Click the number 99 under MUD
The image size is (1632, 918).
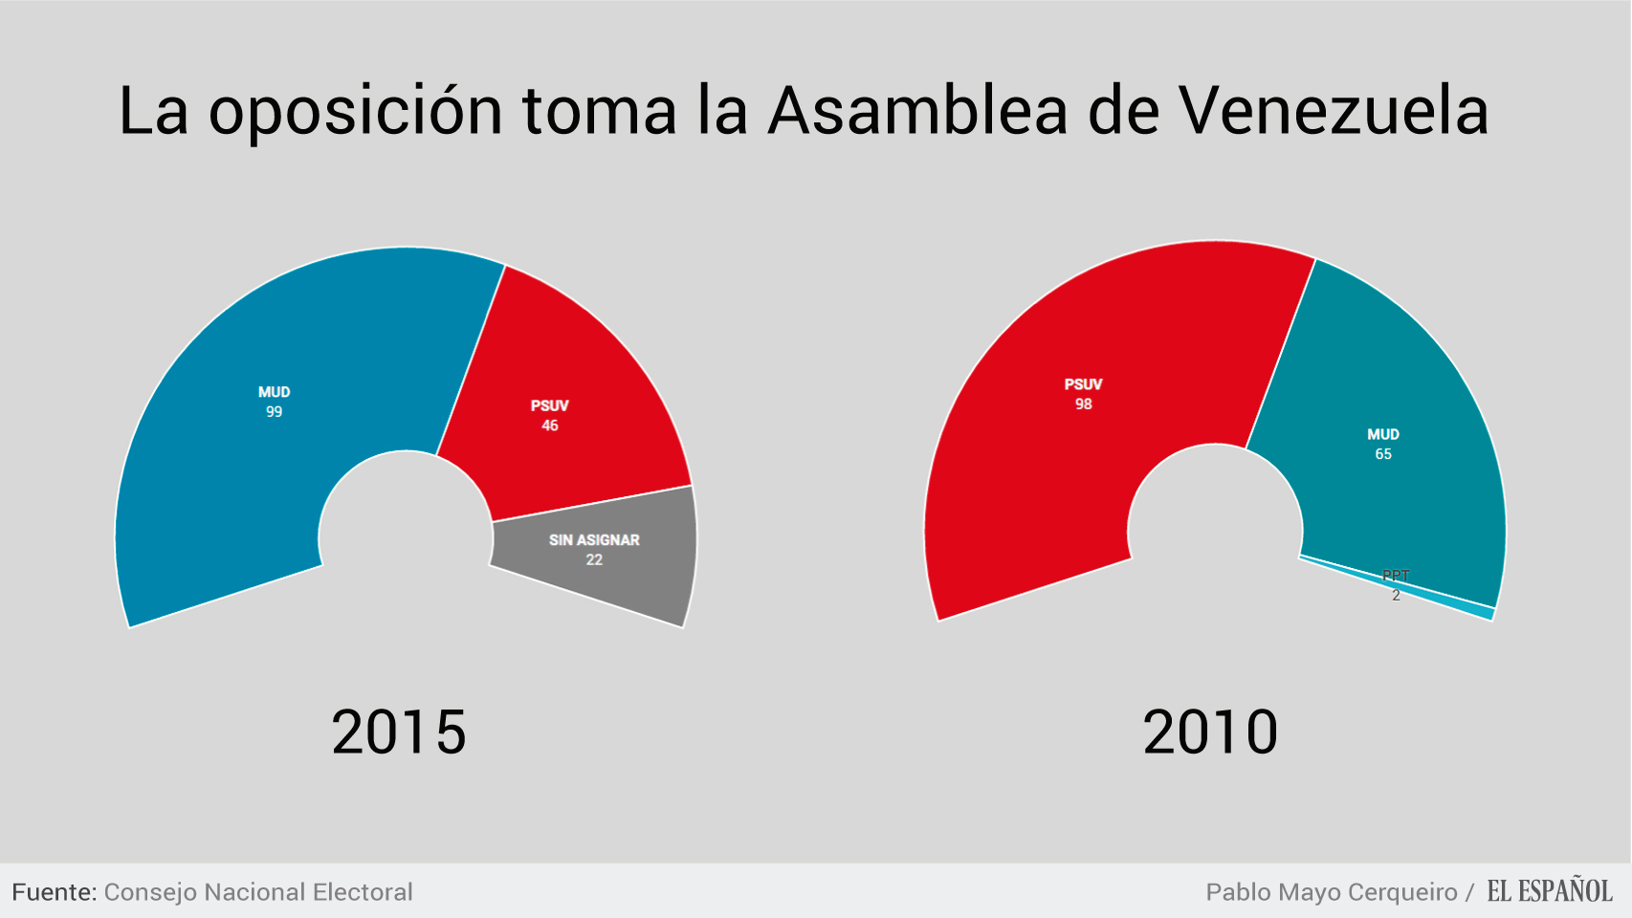[275, 412]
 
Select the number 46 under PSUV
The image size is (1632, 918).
[550, 426]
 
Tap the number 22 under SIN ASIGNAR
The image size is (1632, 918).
[594, 560]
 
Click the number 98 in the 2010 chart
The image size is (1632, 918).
[1083, 404]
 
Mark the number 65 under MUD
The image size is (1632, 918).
[1383, 454]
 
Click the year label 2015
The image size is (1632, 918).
[399, 732]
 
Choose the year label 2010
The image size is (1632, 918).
[1210, 732]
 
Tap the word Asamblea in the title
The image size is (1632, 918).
[917, 111]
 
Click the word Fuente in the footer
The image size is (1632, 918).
[54, 892]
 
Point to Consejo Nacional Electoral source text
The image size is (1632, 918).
[258, 892]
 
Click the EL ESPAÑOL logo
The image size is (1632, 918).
[1549, 891]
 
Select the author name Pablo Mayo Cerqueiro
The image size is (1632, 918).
[1331, 892]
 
